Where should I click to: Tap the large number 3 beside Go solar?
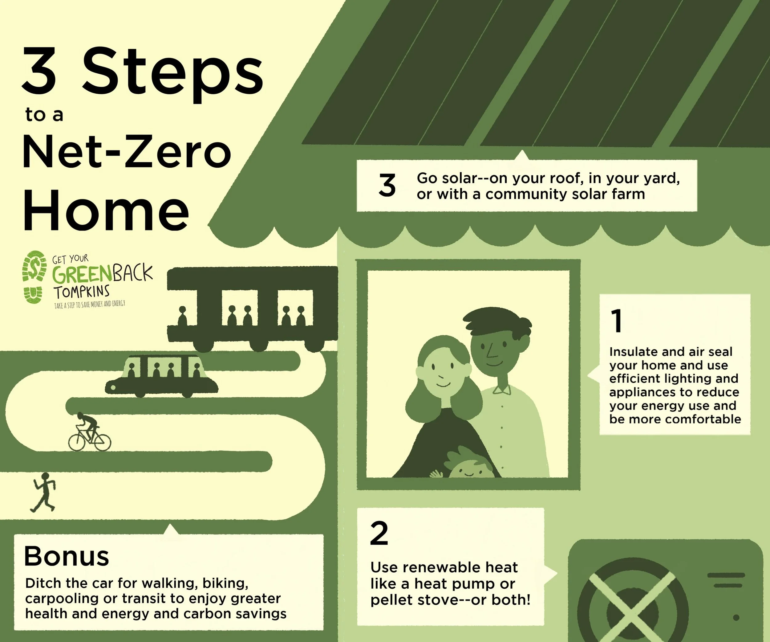(x=387, y=186)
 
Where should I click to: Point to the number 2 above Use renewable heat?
(x=379, y=534)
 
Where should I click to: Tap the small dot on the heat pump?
(x=736, y=618)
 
